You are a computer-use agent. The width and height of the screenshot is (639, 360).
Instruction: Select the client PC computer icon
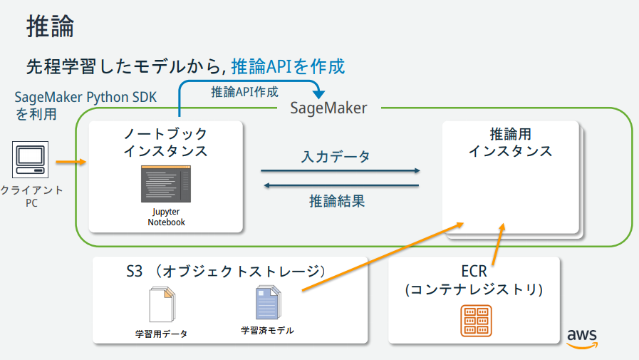click(x=30, y=160)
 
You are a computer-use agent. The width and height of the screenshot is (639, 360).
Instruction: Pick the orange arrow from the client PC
click(x=70, y=163)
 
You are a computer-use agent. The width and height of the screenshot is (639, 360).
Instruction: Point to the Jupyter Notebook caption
click(x=166, y=217)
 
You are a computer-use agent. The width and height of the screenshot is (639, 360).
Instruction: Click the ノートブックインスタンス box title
click(x=165, y=143)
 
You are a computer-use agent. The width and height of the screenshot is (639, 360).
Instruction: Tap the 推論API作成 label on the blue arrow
click(x=244, y=92)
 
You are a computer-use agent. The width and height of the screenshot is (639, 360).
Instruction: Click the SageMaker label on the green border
click(x=328, y=108)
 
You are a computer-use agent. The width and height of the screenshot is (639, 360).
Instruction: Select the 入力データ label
click(x=336, y=157)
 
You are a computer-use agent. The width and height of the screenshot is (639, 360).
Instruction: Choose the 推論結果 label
click(x=337, y=201)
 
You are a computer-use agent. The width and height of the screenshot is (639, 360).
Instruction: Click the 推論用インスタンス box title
click(x=510, y=143)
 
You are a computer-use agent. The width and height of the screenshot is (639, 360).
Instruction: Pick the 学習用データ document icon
click(x=161, y=304)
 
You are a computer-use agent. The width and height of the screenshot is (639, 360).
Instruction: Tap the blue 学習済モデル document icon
click(x=268, y=303)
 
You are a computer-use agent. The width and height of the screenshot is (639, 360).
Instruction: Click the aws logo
click(x=581, y=338)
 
